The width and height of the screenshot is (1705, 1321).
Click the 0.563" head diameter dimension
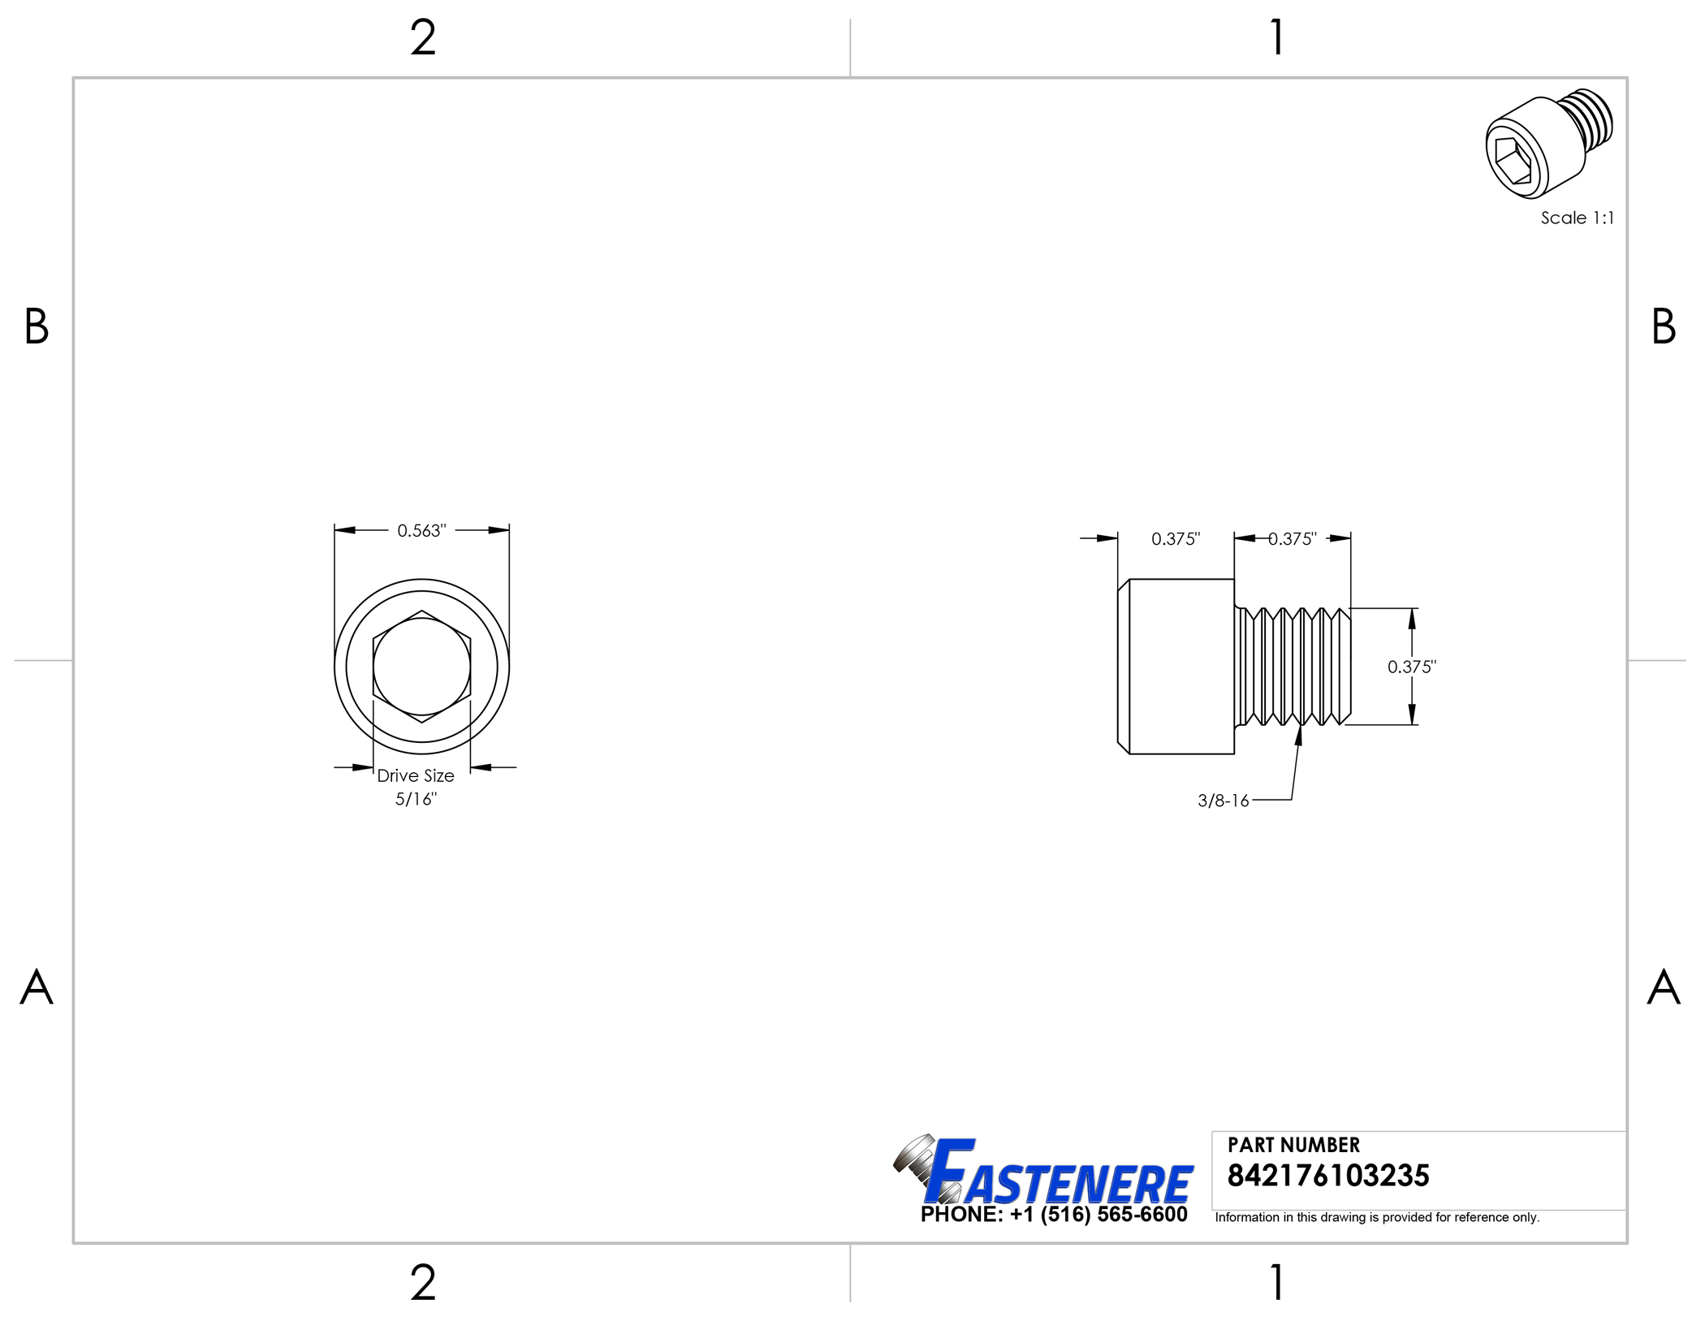tap(421, 531)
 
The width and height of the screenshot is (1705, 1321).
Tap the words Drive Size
tap(416, 776)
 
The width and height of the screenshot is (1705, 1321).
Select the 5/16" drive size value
tap(416, 800)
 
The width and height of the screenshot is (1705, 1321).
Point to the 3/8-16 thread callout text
tap(1224, 801)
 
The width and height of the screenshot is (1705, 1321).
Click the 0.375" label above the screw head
tap(1176, 539)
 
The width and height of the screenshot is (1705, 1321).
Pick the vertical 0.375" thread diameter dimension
tap(1412, 667)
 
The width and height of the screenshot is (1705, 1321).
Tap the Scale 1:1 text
tap(1578, 218)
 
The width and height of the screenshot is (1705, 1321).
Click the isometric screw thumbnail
tap(1549, 144)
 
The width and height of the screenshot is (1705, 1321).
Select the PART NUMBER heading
tap(1293, 1146)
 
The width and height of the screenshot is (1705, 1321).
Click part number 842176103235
tap(1328, 1176)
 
